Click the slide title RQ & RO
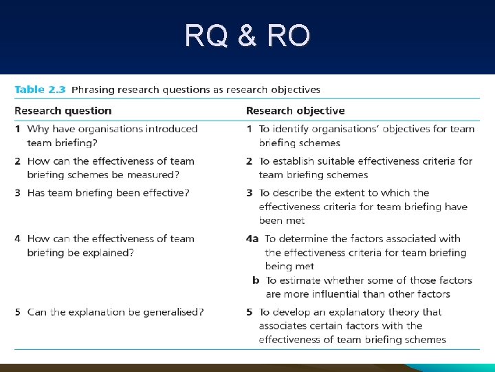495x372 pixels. pyautogui.click(x=247, y=36)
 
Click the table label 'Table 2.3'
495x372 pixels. pyautogui.click(x=40, y=90)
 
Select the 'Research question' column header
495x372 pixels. pyautogui.click(x=63, y=111)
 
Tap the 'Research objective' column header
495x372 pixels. pyautogui.click(x=296, y=111)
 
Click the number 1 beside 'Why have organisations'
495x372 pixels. pyautogui.click(x=18, y=129)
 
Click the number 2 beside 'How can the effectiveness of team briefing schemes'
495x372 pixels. pyautogui.click(x=18, y=161)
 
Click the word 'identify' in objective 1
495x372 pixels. pyautogui.click(x=294, y=129)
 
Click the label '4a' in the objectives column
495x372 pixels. pyautogui.click(x=252, y=239)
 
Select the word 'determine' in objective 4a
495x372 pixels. pyautogui.click(x=305, y=239)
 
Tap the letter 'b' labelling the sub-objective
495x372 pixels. pyautogui.click(x=256, y=280)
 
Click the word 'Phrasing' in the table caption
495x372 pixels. pyautogui.click(x=93, y=90)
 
